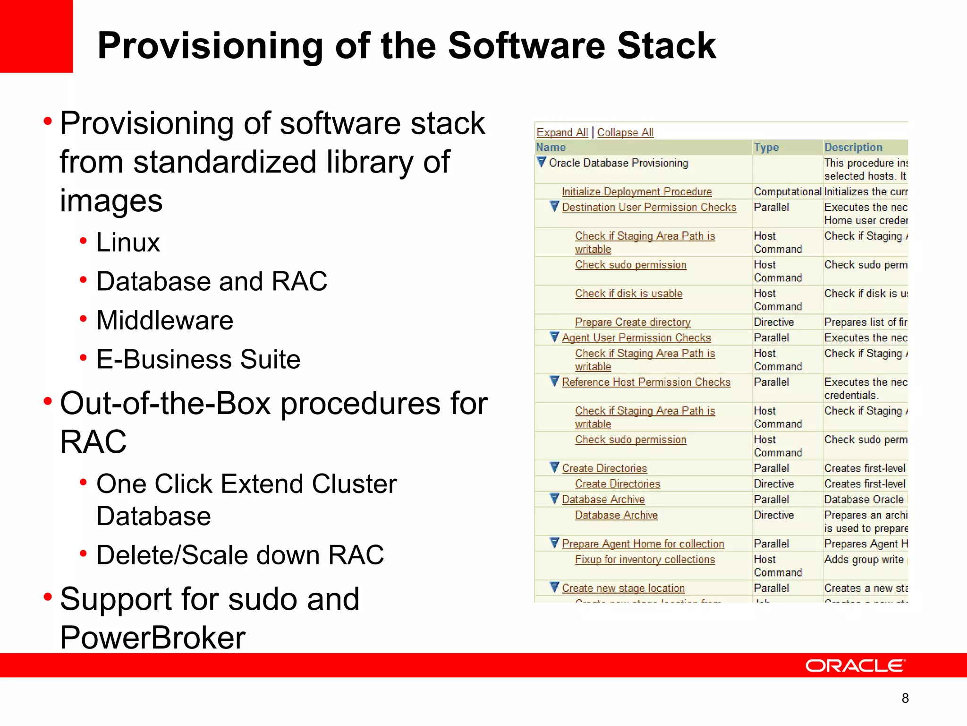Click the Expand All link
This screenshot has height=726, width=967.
pyautogui.click(x=562, y=132)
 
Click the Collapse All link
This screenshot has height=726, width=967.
pyautogui.click(x=625, y=132)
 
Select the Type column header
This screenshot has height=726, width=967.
pyautogui.click(x=766, y=147)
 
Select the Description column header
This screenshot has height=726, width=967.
pyautogui.click(x=853, y=147)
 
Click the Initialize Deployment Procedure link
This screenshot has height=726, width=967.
pyautogui.click(x=636, y=191)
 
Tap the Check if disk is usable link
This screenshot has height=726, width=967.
pyautogui.click(x=628, y=294)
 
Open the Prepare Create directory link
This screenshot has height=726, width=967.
pyautogui.click(x=632, y=322)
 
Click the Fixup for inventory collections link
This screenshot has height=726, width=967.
pyautogui.click(x=645, y=560)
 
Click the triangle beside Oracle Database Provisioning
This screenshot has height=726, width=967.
pyautogui.click(x=542, y=162)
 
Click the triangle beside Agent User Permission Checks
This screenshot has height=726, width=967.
pyautogui.click(x=555, y=337)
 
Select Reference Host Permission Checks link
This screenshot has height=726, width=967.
pyautogui.click(x=646, y=382)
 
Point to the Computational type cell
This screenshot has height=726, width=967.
pyautogui.click(x=787, y=191)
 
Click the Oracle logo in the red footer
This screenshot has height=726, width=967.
pyautogui.click(x=855, y=665)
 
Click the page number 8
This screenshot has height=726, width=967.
pyautogui.click(x=905, y=698)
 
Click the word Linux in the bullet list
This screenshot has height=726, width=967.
pyautogui.click(x=128, y=242)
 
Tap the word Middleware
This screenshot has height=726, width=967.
pyautogui.click(x=165, y=320)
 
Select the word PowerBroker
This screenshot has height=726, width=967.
pyautogui.click(x=153, y=638)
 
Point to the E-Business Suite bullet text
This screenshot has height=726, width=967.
pyautogui.click(x=198, y=359)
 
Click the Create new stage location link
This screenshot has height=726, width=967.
pyautogui.click(x=623, y=588)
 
